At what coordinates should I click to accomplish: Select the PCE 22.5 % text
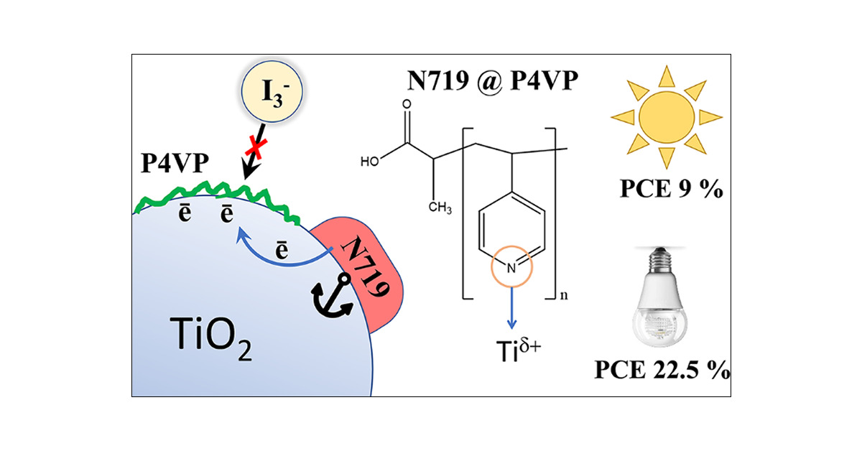[662, 372]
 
